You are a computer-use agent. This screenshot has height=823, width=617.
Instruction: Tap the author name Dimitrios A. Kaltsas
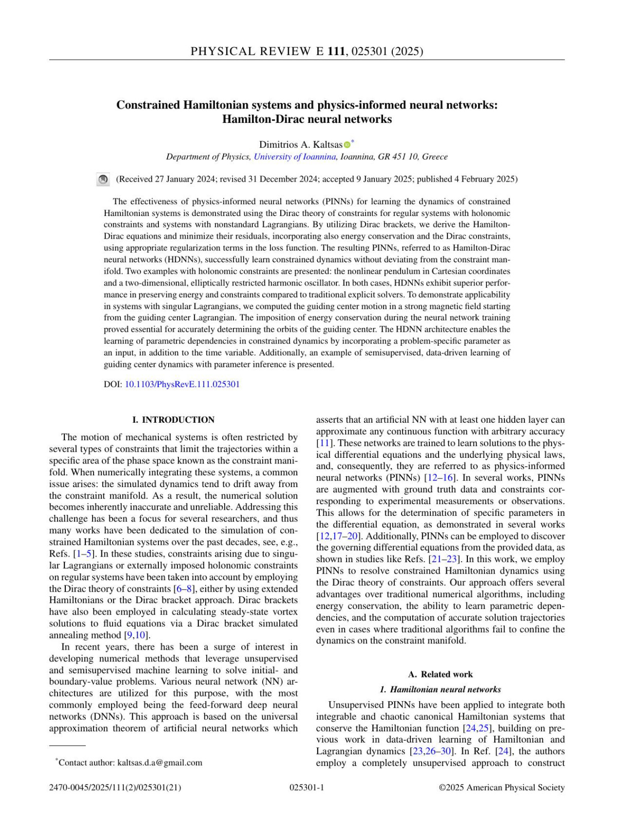pos(300,145)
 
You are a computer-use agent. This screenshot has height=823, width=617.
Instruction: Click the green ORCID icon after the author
pos(347,145)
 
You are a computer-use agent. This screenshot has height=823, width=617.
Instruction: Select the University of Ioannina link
pos(295,157)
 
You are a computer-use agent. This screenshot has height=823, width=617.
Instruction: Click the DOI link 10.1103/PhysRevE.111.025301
pos(182,384)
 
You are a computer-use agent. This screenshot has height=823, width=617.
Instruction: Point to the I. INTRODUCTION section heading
pos(173,420)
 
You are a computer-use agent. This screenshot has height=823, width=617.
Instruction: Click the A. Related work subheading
pos(440,674)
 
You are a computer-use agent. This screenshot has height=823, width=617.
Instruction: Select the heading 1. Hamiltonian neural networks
pos(440,689)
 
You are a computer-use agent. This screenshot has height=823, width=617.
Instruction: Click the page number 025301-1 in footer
pos(307,788)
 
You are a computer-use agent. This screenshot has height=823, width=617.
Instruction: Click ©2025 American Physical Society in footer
pos(501,788)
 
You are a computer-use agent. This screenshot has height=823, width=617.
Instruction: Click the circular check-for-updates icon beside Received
pos(103,180)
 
